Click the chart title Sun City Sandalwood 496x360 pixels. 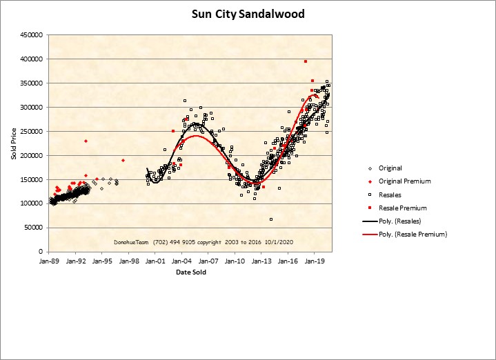(248, 14)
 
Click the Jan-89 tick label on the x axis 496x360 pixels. (48, 262)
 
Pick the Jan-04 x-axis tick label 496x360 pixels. (181, 262)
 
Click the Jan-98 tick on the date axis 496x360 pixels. (128, 262)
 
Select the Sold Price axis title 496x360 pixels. (14, 143)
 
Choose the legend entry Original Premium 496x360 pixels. (404, 181)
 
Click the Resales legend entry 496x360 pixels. (390, 194)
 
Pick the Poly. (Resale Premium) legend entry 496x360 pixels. (413, 234)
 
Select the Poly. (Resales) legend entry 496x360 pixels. (400, 221)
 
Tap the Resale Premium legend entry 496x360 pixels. (402, 208)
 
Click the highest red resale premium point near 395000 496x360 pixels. (305, 61)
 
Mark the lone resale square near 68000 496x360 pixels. (271, 219)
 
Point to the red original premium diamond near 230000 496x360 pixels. (86, 141)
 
